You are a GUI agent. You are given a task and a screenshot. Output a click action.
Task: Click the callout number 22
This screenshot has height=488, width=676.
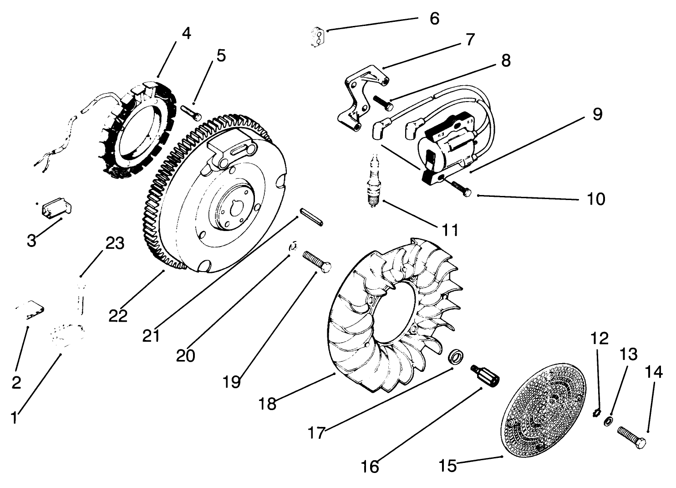(x=118, y=316)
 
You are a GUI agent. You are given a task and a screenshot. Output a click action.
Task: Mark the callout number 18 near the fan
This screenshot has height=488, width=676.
(x=268, y=403)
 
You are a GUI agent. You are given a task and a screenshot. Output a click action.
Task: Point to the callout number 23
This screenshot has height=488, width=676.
(x=115, y=243)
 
